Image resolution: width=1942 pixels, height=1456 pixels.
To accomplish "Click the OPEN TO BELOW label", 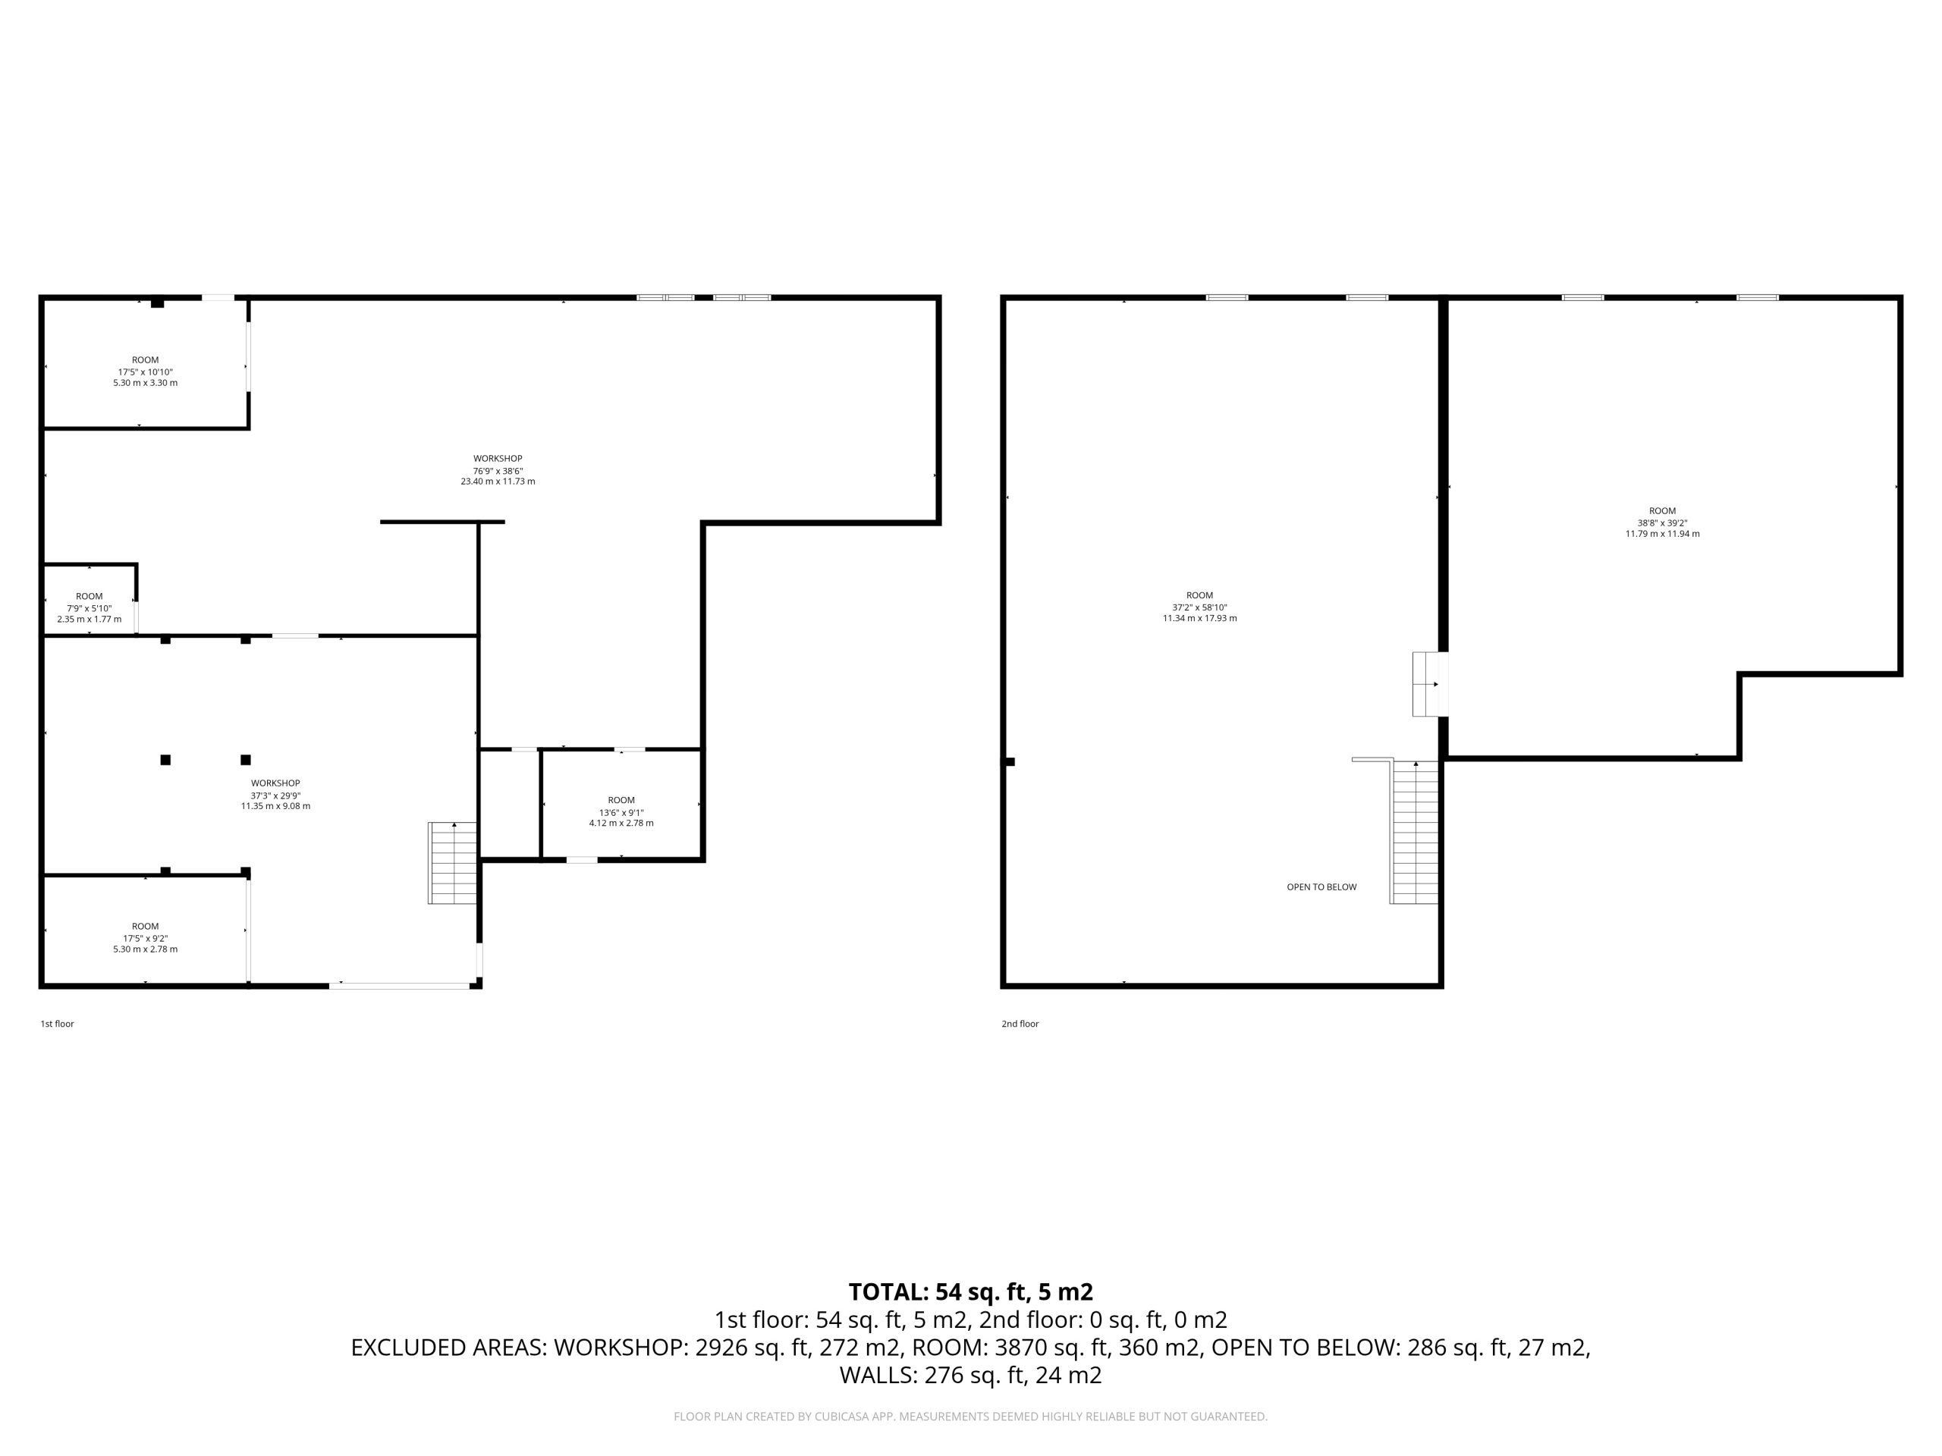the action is [x=1321, y=887].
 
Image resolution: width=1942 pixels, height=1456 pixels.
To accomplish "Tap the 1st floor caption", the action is [x=57, y=1023].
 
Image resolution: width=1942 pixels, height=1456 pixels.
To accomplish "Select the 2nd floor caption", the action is [x=1020, y=1023].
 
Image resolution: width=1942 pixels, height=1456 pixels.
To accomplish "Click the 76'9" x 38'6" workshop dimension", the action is [x=498, y=470].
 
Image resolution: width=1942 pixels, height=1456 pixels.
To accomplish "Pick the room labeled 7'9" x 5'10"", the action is [x=90, y=608].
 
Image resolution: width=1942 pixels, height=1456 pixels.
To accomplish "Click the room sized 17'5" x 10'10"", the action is [x=146, y=372].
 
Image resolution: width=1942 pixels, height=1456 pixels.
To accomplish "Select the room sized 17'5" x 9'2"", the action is [x=146, y=937].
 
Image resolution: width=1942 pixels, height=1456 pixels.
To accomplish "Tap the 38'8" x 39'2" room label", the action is [x=1663, y=522].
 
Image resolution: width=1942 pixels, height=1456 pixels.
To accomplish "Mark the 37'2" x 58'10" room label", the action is [x=1200, y=607].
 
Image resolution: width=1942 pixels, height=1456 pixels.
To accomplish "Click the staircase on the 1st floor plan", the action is [x=452, y=863].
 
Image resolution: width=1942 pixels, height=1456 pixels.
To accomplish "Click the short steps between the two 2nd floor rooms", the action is [x=1430, y=684].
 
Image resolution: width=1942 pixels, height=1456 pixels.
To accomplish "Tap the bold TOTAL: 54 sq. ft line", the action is [x=971, y=1292].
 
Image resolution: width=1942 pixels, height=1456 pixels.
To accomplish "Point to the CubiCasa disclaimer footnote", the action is [x=971, y=1417].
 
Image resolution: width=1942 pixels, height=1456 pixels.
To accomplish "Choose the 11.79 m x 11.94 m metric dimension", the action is [x=1663, y=534].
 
